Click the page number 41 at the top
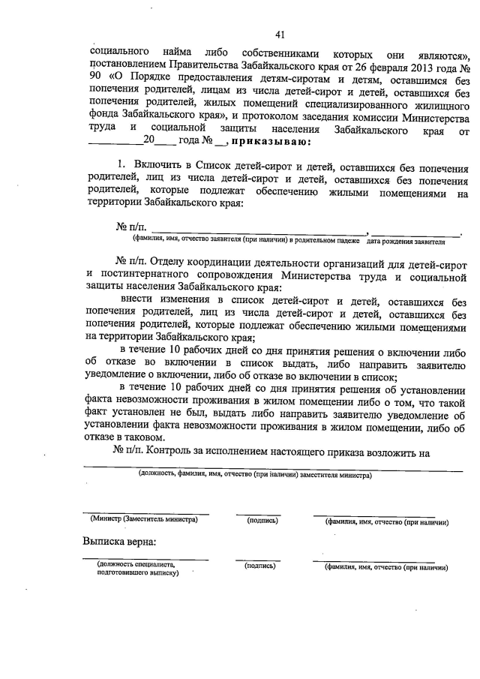coord(280,34)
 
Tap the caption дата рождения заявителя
coord(406,242)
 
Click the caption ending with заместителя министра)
coord(254,475)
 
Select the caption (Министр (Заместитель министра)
coord(143,519)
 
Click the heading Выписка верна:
coord(119,542)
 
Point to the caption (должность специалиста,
coord(135,564)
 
